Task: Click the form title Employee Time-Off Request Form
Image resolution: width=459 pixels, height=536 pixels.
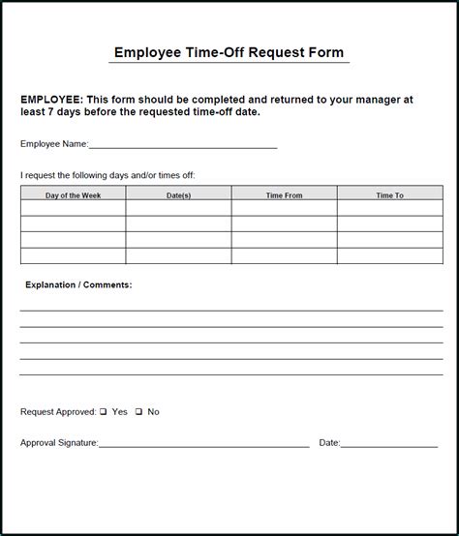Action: [229, 52]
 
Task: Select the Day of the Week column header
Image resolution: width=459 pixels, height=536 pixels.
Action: [73, 195]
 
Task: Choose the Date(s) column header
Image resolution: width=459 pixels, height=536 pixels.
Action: [178, 195]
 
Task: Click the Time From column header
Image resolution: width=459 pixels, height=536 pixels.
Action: [284, 195]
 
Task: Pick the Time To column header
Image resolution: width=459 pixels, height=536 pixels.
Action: [389, 195]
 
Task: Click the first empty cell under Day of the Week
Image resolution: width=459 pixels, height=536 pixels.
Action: [73, 209]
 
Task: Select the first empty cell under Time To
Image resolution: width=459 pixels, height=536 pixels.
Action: [389, 209]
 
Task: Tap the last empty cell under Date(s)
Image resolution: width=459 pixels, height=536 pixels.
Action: [178, 256]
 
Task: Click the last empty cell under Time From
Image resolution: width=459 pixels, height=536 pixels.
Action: [284, 256]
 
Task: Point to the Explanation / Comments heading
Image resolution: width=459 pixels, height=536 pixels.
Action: [76, 285]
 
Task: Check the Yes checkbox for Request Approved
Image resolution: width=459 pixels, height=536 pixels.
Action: [103, 412]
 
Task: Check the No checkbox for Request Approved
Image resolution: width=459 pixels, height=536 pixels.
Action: [138, 412]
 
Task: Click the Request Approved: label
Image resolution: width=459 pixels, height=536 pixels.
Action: [57, 412]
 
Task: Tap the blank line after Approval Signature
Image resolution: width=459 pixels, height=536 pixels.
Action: [203, 443]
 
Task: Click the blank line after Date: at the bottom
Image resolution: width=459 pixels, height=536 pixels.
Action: [389, 443]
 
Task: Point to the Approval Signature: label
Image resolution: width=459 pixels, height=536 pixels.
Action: [59, 443]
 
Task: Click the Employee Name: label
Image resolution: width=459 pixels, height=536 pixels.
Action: [53, 144]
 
